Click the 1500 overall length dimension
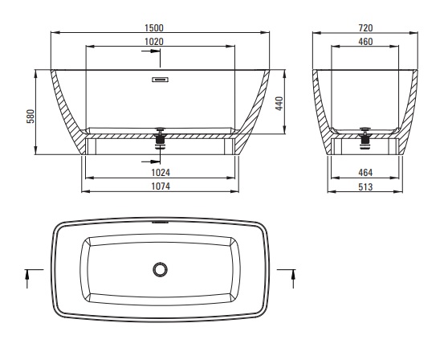pos(154,28)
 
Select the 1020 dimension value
pos(154,42)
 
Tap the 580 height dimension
pos(31,116)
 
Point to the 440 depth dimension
pos(279,103)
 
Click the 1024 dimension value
pos(161,173)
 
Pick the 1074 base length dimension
pos(161,186)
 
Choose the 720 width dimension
pos(365,28)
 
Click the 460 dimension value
pos(365,42)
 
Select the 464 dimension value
pos(365,173)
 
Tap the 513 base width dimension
pos(365,186)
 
